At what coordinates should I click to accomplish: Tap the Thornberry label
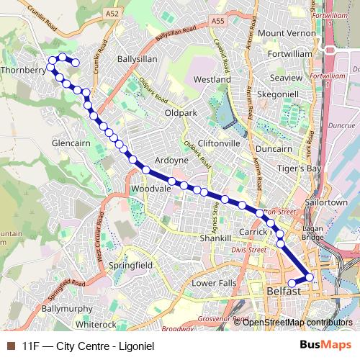pyautogui.click(x=23, y=71)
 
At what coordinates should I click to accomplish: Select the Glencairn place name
pyautogui.click(x=69, y=143)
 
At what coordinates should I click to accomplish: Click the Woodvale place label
pyautogui.click(x=149, y=189)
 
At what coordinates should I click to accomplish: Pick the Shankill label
pyautogui.click(x=215, y=238)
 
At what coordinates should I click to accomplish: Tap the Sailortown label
pyautogui.click(x=328, y=203)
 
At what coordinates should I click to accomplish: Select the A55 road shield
pyautogui.click(x=218, y=22)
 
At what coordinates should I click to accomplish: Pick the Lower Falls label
pyautogui.click(x=213, y=283)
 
